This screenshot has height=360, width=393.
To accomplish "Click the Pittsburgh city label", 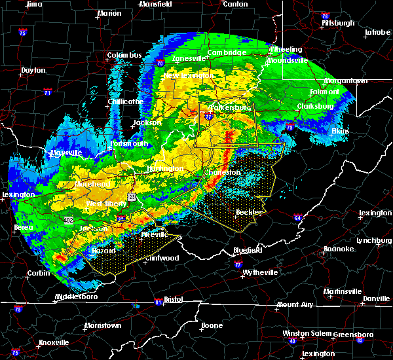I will coord(338,23).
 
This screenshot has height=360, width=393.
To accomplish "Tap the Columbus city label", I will coord(124,55).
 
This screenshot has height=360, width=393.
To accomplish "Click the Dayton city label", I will coord(33,70).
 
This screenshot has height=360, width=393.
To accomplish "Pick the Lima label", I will coord(33,4).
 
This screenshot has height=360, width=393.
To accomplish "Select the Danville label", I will coord(376,298).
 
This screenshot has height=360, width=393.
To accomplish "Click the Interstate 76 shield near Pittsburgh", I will coord(326,16).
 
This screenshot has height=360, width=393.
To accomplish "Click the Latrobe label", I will coord(378,31).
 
